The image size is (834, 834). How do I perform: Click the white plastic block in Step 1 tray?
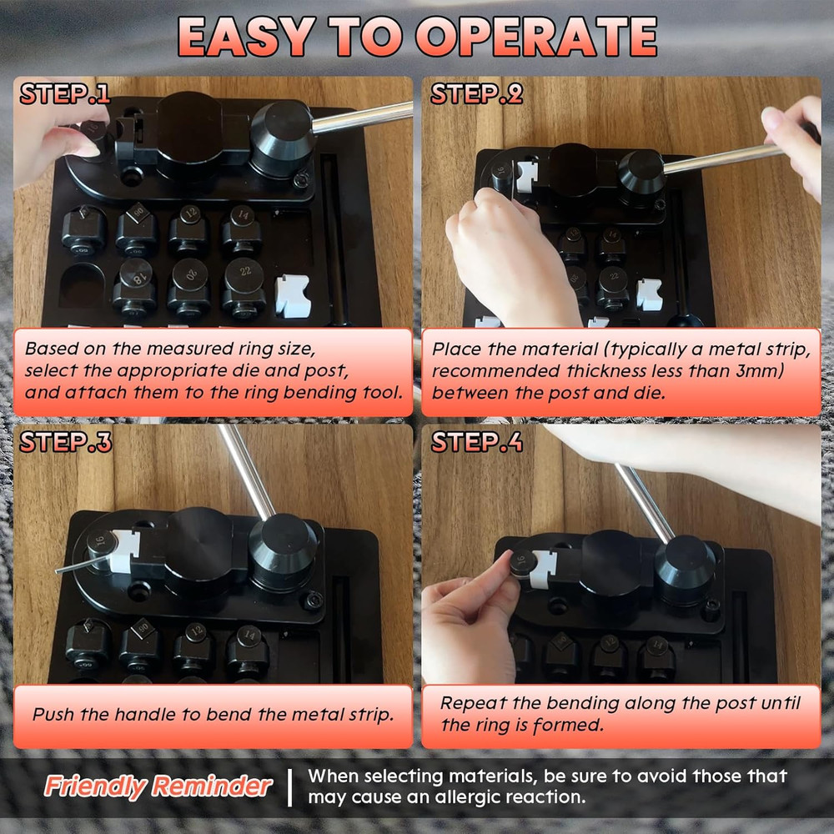tap(293, 296)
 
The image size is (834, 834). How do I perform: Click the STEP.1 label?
tap(64, 94)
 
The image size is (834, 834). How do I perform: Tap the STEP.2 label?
tap(476, 94)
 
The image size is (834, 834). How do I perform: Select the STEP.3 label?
tap(65, 442)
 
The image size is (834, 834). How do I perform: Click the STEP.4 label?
tap(476, 442)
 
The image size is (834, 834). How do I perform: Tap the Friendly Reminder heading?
tap(158, 786)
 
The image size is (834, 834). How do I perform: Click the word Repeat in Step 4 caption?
tap(470, 703)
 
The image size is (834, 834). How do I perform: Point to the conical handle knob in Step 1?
tap(282, 138)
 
